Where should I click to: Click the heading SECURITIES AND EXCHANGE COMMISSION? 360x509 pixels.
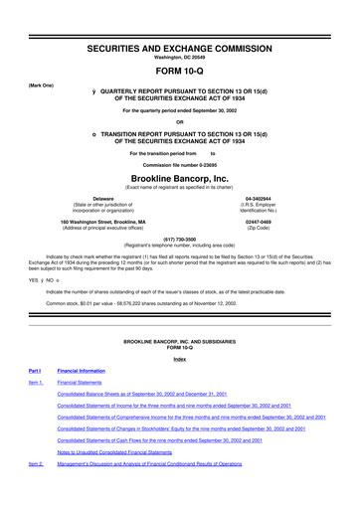coord(179,21)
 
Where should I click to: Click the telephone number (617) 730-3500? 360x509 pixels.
coord(179,239)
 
